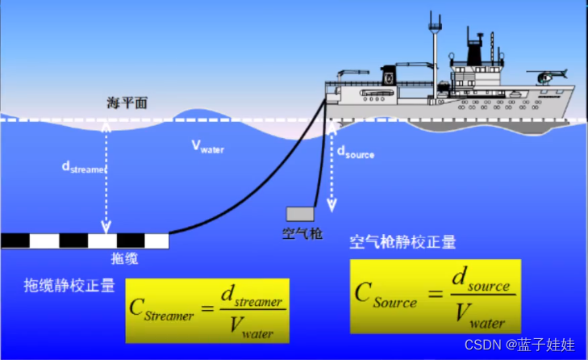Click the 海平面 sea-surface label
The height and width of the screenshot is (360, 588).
coord(127,103)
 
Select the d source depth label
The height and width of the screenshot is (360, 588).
coord(355,153)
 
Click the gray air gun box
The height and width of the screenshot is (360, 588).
coord(300,214)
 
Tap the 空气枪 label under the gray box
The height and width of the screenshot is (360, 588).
coord(302,234)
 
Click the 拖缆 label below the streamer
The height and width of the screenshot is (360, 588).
coord(124,258)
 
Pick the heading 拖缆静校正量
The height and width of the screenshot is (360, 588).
coord(69,285)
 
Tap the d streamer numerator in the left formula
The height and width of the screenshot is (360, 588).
coord(252,299)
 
